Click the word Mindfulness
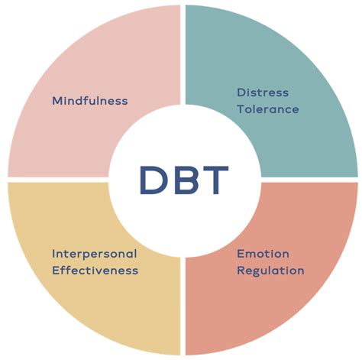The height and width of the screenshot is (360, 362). tap(89, 101)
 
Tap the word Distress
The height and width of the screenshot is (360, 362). tap(263, 92)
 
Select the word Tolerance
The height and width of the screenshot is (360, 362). tap(267, 109)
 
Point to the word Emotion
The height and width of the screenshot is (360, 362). tap(262, 253)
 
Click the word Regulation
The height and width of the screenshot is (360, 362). tap(270, 271)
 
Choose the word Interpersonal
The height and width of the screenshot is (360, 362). tap(94, 253)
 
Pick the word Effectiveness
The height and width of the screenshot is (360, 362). tap(95, 271)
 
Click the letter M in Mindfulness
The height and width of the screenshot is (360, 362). tap(57, 101)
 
